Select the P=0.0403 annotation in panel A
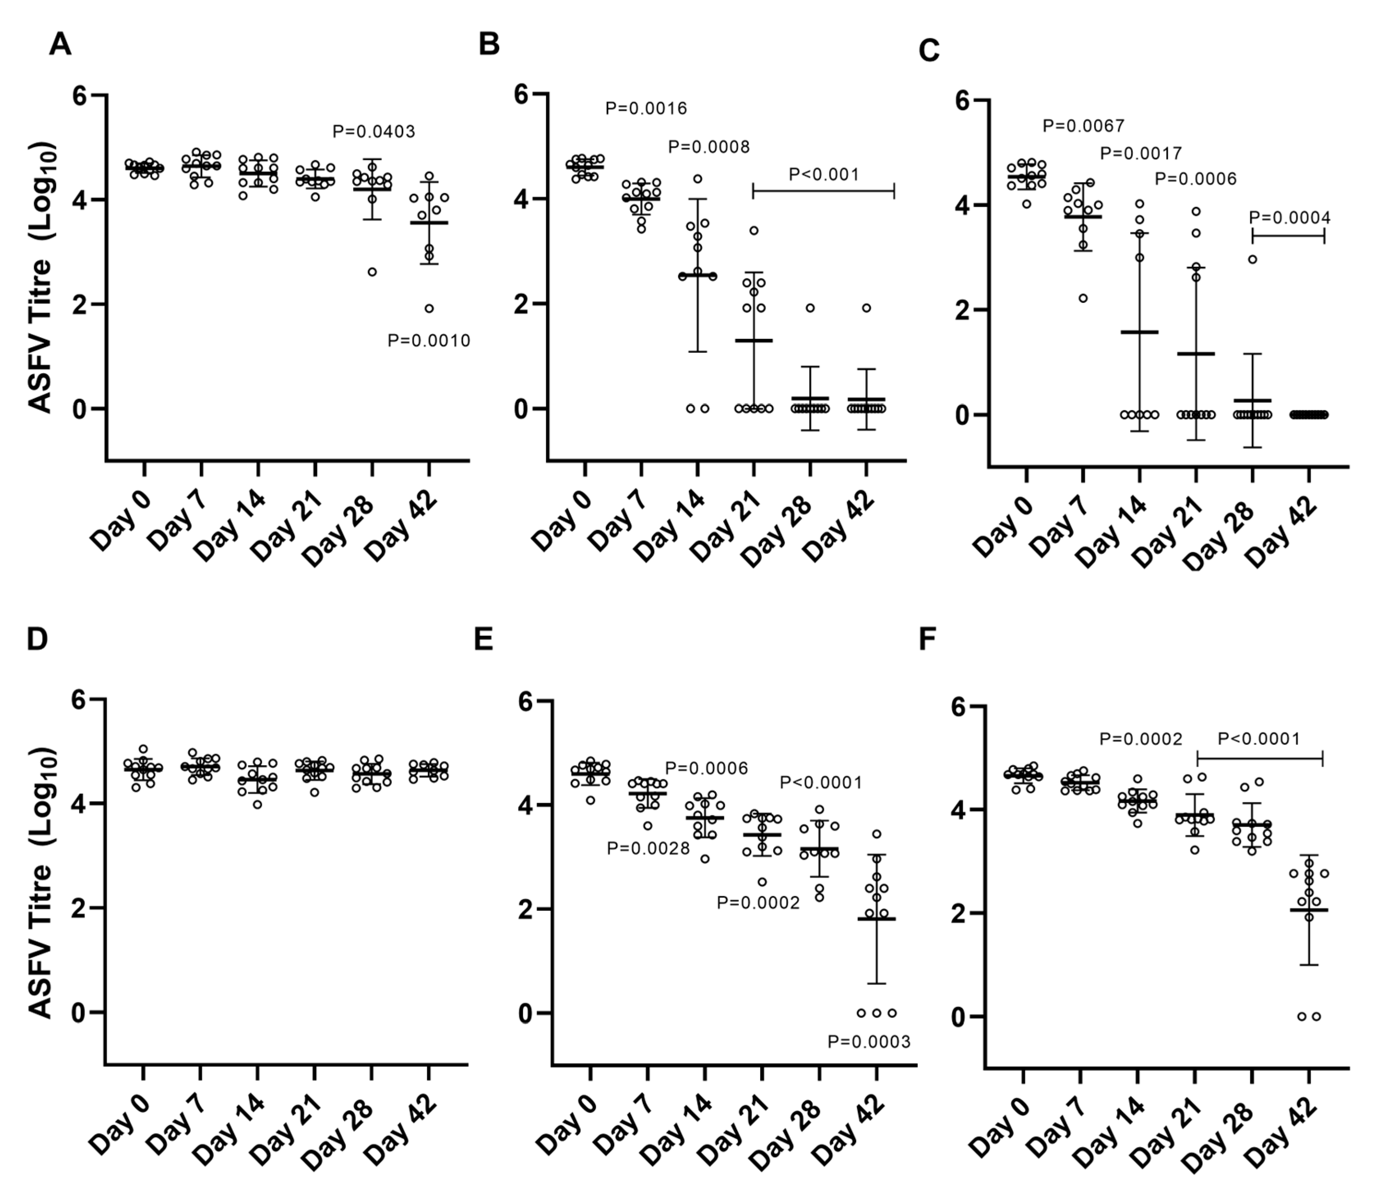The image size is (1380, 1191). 374,132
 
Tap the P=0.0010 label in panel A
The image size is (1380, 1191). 429,341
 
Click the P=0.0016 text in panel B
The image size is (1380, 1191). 645,109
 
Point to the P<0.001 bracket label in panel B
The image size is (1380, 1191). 824,174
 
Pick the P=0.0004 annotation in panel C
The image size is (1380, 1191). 1289,218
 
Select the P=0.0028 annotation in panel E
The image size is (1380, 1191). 648,848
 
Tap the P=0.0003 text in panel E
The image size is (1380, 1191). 868,1042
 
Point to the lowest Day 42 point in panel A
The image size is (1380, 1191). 429,309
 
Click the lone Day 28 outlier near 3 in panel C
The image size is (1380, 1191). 1252,260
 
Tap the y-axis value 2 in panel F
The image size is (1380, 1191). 957,913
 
